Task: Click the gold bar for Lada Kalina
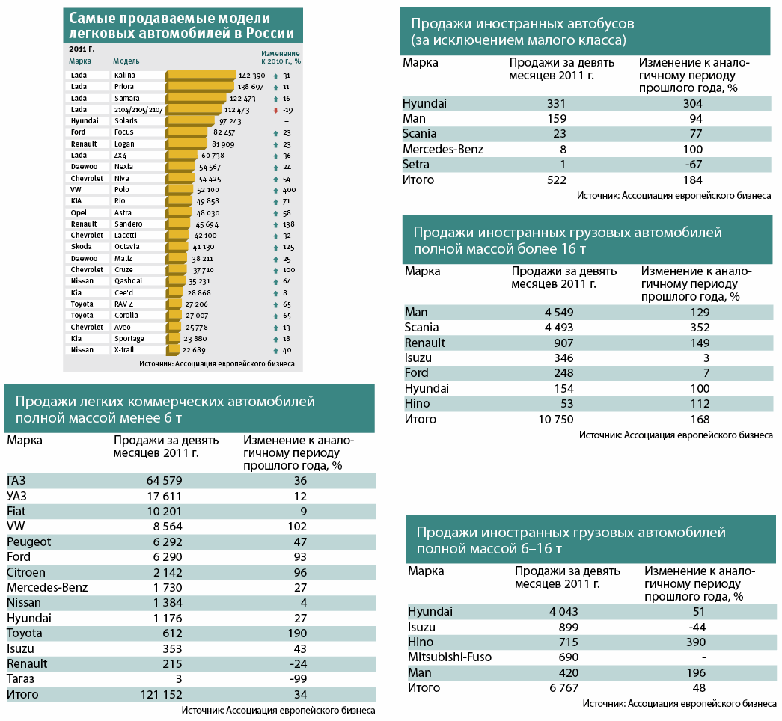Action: click(x=201, y=76)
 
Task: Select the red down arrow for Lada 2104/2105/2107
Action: click(x=275, y=110)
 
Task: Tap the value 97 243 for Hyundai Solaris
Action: click(x=230, y=122)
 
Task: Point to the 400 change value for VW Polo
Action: click(x=290, y=190)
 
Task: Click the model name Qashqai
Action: click(x=128, y=281)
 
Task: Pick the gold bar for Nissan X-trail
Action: click(x=173, y=350)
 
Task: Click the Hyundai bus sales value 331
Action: click(x=556, y=104)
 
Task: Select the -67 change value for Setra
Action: click(x=693, y=165)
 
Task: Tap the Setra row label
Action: click(x=416, y=165)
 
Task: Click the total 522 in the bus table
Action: click(x=557, y=180)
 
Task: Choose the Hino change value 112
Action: click(x=700, y=404)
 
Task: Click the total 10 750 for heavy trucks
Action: click(x=556, y=420)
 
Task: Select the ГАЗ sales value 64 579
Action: click(x=164, y=481)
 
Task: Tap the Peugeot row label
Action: click(x=29, y=542)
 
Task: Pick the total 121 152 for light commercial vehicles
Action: click(x=162, y=695)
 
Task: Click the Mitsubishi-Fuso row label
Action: click(x=450, y=657)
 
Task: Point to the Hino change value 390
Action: click(x=696, y=642)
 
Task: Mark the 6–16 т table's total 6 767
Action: click(x=564, y=688)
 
